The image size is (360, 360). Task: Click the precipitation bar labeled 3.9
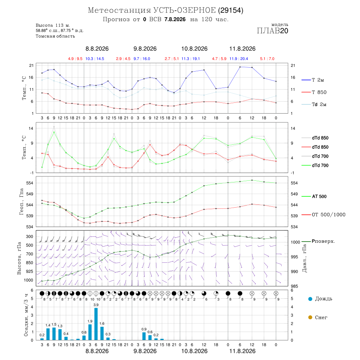pos(96,324)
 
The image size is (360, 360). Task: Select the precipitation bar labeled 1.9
pos(90,332)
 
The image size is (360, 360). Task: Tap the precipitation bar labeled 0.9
pos(144,336)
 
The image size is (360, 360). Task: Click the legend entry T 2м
pos(313,80)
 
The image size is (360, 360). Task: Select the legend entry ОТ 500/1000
pos(324,215)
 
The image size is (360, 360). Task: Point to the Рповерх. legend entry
pos(318,241)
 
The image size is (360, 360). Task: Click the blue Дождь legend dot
pos(310,299)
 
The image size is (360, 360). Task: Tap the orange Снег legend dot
pos(310,317)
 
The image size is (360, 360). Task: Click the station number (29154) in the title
pos(230,10)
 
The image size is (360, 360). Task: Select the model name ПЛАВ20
pos(272,31)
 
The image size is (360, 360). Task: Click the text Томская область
pos(55,36)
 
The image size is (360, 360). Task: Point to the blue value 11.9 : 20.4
pos(239,59)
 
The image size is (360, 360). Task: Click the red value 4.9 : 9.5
pos(75,59)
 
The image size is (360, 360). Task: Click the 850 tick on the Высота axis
pos(29,263)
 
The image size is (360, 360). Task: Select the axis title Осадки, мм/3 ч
pos(26,315)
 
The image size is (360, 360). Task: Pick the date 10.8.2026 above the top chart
pos(194,49)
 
